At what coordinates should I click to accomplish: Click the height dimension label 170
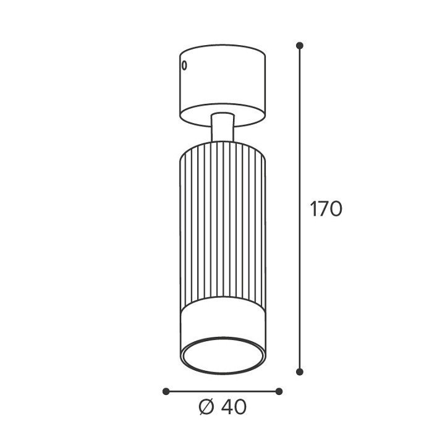click(326, 209)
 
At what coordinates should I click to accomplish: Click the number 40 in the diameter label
click(234, 407)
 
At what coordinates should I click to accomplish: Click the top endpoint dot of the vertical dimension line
click(300, 45)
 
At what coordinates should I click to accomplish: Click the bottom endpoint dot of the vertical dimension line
click(300, 371)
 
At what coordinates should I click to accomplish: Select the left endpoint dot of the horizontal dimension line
click(166, 391)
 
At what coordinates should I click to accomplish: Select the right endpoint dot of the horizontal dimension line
click(279, 391)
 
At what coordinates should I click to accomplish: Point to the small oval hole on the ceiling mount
click(184, 66)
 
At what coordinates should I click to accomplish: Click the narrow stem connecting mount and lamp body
click(222, 127)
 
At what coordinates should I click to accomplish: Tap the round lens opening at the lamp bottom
click(223, 355)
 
